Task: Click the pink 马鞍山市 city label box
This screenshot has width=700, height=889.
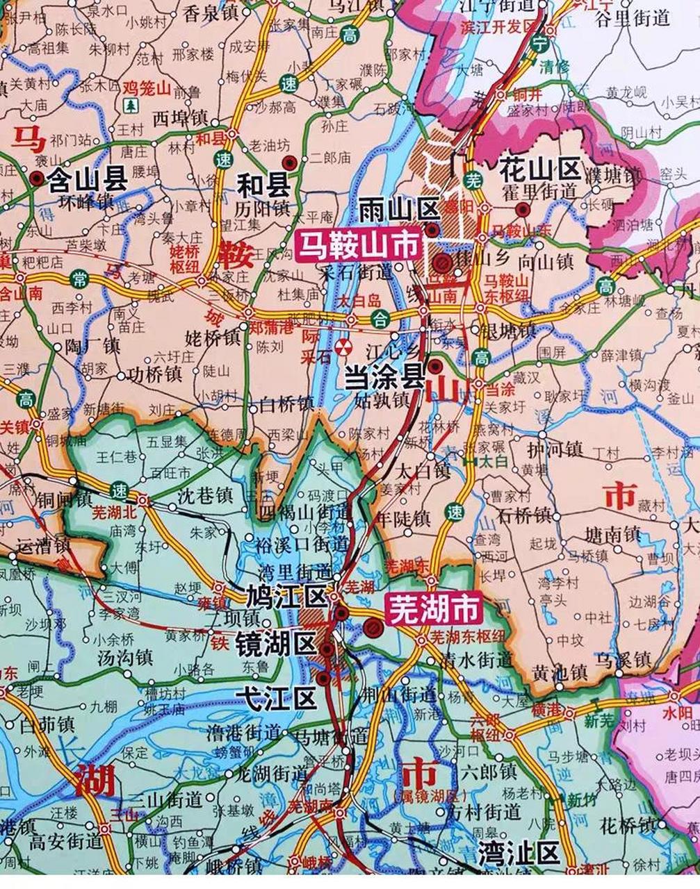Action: click(360, 244)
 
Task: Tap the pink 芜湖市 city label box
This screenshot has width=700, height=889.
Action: click(434, 609)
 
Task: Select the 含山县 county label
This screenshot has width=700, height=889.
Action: click(87, 181)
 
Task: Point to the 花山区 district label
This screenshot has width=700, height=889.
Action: click(539, 168)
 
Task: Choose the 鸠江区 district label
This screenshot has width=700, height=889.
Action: click(286, 596)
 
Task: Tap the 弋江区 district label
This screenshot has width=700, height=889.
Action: click(276, 697)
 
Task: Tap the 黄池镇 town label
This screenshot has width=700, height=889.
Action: click(560, 672)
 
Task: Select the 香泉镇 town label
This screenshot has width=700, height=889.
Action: click(211, 12)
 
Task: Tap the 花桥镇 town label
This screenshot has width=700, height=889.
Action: click(628, 825)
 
